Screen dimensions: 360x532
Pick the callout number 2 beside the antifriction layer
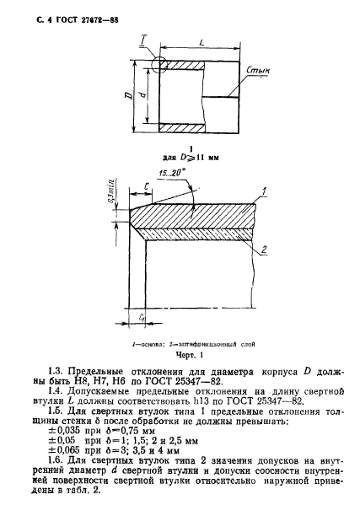tap(265, 250)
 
